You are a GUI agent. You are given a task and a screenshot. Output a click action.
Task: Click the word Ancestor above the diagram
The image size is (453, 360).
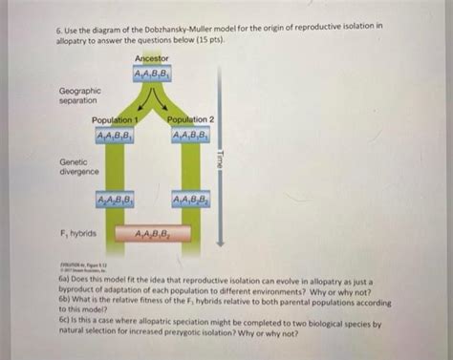(x=152, y=59)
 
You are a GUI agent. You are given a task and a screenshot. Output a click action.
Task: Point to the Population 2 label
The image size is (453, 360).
(x=190, y=120)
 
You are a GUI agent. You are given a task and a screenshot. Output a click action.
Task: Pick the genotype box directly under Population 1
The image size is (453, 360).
(x=114, y=134)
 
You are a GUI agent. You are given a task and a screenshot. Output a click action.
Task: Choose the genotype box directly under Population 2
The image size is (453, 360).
(x=191, y=134)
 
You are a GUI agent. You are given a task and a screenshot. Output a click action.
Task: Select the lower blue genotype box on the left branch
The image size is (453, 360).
(x=114, y=200)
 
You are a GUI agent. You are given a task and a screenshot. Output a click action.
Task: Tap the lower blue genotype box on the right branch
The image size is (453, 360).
(x=191, y=200)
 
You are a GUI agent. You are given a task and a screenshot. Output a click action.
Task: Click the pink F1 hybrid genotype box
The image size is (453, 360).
(x=152, y=233)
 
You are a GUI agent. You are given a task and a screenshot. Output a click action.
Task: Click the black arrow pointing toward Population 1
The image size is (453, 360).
(x=140, y=99)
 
